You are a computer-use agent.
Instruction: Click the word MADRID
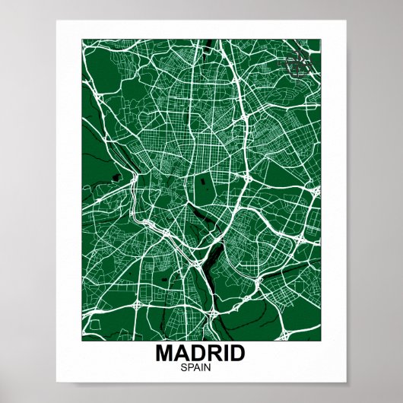point(201,354)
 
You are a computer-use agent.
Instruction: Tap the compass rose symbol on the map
point(299,65)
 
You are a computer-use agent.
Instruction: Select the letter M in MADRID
point(165,354)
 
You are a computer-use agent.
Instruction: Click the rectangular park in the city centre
point(203,189)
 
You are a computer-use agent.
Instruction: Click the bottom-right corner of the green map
point(320,339)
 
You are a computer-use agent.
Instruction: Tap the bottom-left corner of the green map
point(82,339)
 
